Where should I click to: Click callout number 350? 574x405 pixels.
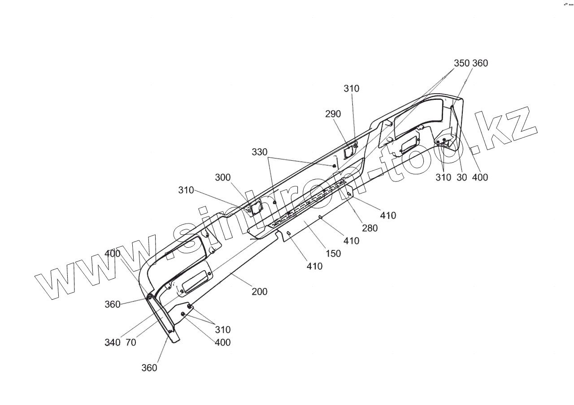461,63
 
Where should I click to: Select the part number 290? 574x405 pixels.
333,114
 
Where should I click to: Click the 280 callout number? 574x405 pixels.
370,228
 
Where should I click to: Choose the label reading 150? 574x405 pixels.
333,253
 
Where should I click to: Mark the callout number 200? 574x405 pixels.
259,292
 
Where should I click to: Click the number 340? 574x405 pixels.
112,343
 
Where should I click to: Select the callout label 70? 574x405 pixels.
130,343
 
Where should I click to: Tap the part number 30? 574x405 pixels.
462,177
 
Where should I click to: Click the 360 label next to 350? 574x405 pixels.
480,63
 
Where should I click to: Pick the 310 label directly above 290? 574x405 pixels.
352,89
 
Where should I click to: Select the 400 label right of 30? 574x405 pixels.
480,177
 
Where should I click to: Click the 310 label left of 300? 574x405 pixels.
186,190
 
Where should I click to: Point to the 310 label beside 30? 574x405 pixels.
444,177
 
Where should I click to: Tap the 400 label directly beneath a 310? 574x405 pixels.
222,343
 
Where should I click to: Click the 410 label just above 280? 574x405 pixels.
388,215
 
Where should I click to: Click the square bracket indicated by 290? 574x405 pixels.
348,153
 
